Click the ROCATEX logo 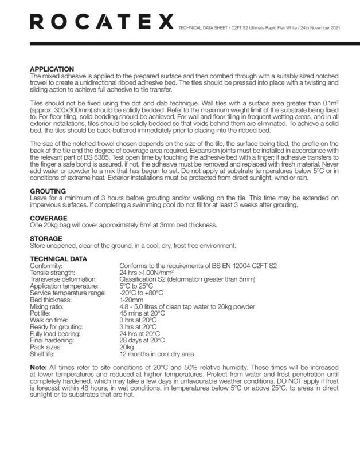(100, 22)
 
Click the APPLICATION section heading (52, 69)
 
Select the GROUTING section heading (48, 191)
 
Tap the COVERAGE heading (49, 218)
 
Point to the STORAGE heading (46, 238)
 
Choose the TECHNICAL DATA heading (58, 259)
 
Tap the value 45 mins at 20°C (142, 313)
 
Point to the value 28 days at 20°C (143, 340)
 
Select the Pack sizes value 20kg (126, 347)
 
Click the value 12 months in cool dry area (156, 354)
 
